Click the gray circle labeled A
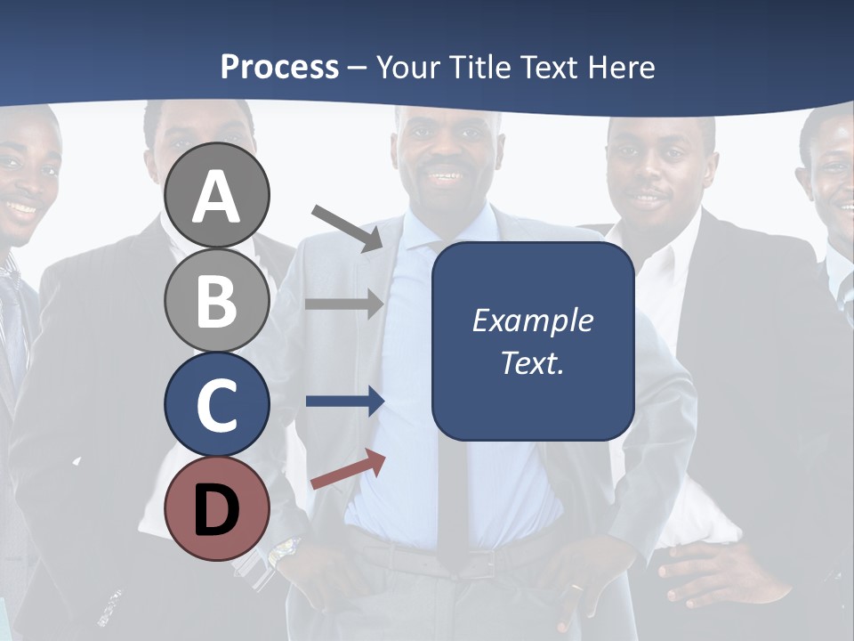(x=217, y=195)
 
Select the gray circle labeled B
(x=217, y=300)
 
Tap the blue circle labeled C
(x=217, y=404)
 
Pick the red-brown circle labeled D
(x=217, y=509)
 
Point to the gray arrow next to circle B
(x=344, y=304)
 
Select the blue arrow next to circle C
(x=344, y=402)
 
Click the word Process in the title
(x=279, y=67)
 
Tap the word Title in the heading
(x=478, y=67)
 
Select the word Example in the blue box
(x=532, y=320)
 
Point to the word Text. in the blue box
(x=532, y=362)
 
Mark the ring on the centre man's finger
(x=576, y=588)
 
